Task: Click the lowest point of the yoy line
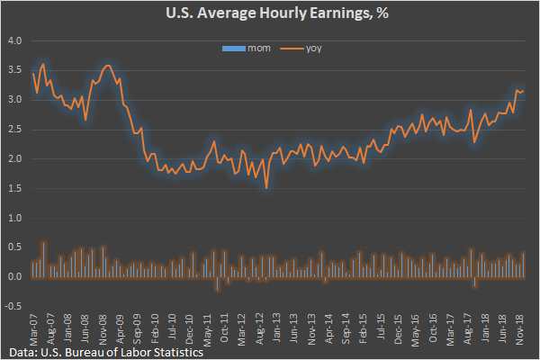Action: tap(266, 188)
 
